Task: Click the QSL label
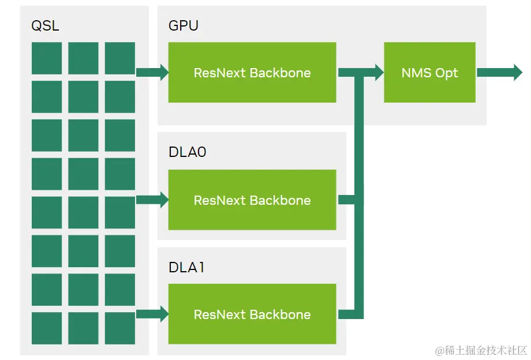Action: (x=45, y=26)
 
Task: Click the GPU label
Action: (x=184, y=26)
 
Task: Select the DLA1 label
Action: (x=186, y=268)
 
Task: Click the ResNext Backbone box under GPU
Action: (x=252, y=73)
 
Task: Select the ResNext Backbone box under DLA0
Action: (x=252, y=200)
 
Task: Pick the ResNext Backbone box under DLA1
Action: (x=252, y=314)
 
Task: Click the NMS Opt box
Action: (x=429, y=73)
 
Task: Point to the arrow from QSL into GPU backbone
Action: (x=152, y=73)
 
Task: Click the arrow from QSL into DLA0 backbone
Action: (x=152, y=200)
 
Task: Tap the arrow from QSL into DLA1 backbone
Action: (x=152, y=314)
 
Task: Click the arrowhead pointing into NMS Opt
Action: (x=378, y=73)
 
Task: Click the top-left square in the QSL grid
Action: (x=47, y=58)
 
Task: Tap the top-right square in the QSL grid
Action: (x=120, y=58)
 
